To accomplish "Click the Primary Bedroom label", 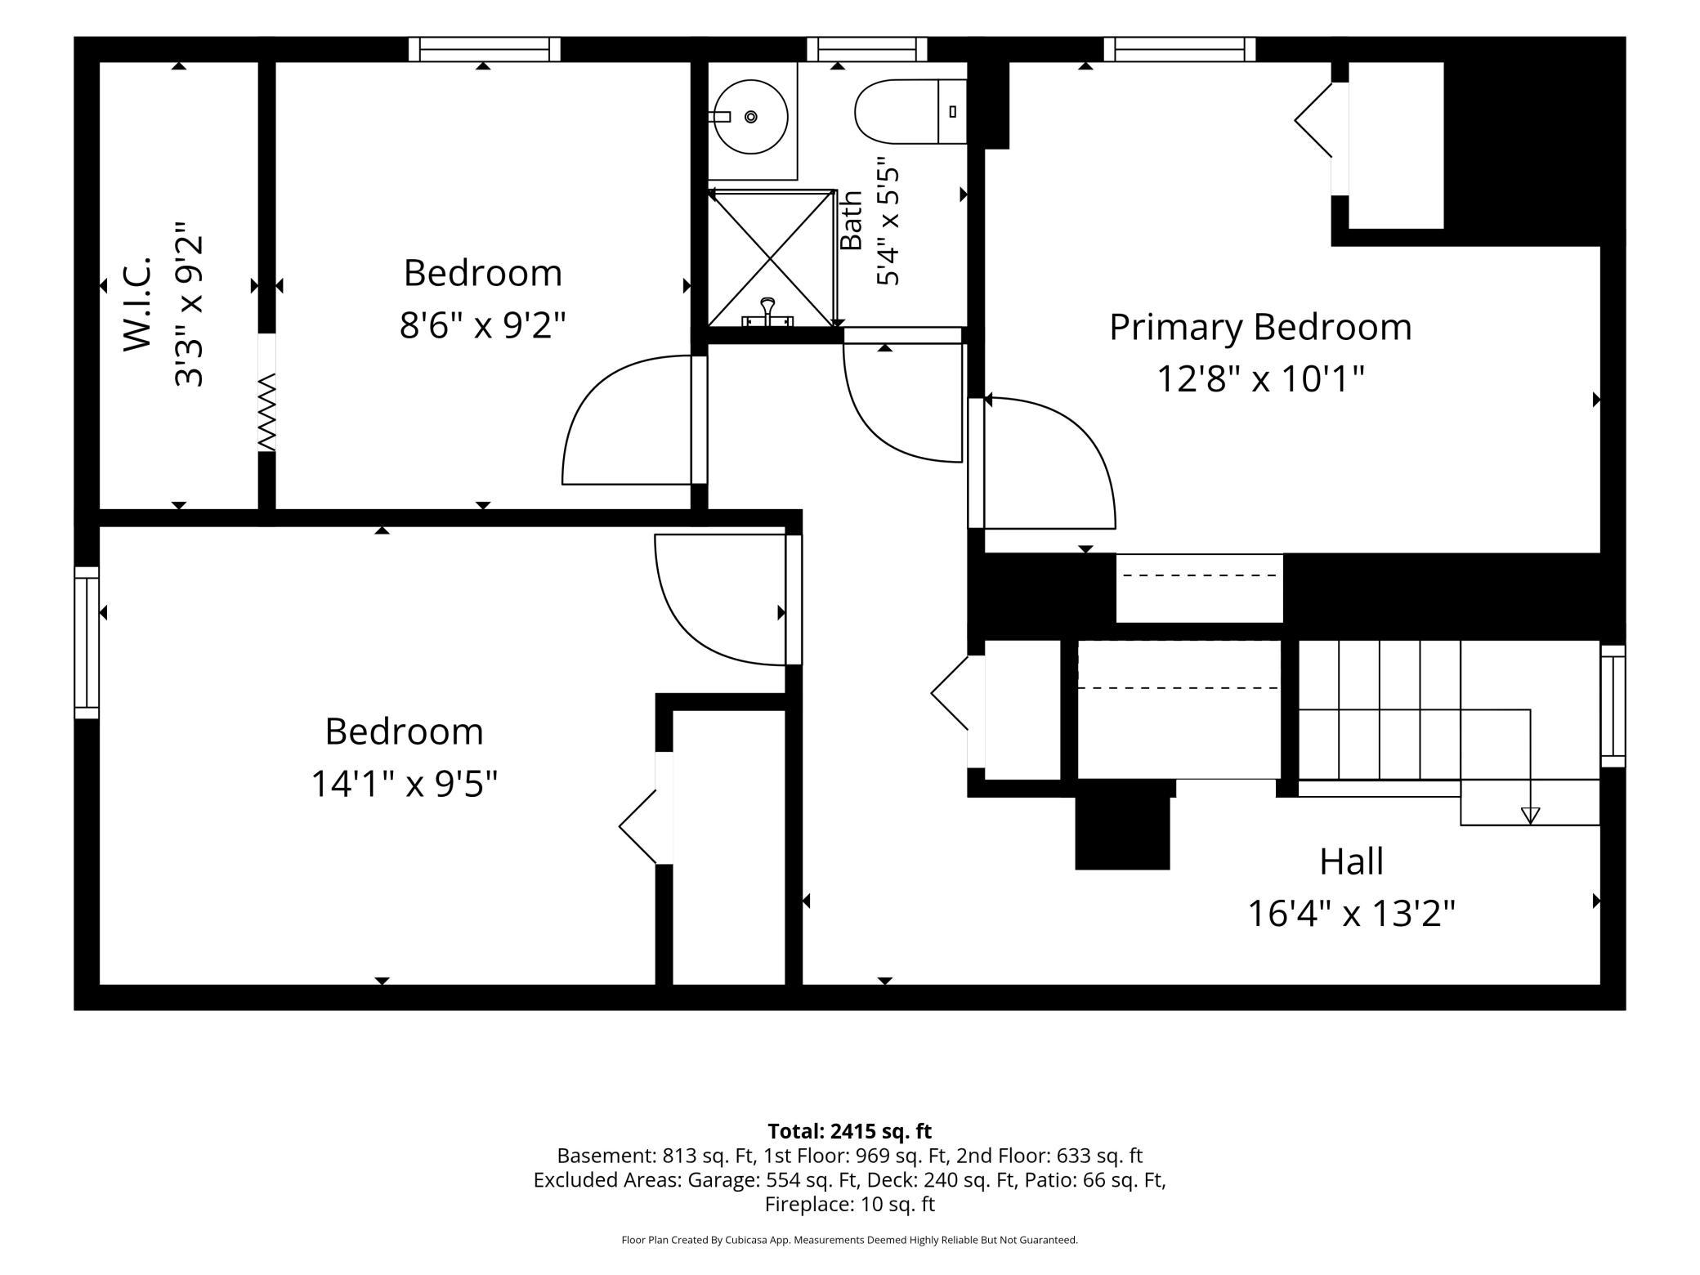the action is [1260, 328].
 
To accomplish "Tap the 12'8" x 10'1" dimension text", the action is [1260, 379].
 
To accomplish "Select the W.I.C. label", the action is [138, 304].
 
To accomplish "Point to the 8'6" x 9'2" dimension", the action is [482, 326].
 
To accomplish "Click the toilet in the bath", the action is [910, 112].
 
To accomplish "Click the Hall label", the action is [1352, 861].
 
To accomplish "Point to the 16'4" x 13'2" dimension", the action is [1352, 914].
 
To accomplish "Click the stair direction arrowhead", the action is [1530, 815].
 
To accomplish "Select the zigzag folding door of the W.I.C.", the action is [267, 412].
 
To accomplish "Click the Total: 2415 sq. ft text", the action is [850, 1131].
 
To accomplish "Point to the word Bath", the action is [851, 221].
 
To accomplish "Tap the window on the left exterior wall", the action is [87, 642].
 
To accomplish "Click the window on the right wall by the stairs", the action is [1613, 706].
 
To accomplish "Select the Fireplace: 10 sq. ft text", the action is [850, 1204].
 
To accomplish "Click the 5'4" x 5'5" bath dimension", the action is [888, 221].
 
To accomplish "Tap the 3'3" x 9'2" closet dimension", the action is [188, 304].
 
